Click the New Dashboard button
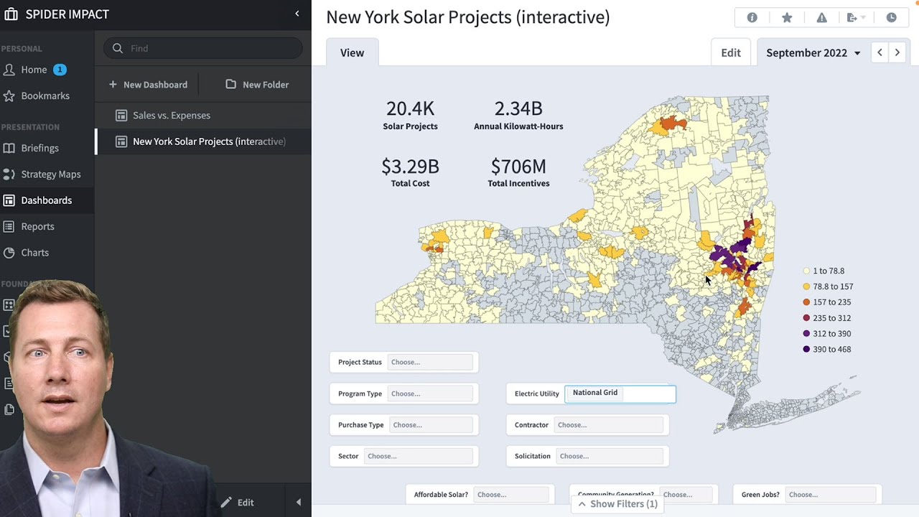148,85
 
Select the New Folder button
257,85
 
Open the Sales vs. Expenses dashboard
172,116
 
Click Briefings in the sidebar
39,148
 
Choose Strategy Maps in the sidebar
50,174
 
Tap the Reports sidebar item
37,226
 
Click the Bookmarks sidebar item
45,96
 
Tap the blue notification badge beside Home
60,70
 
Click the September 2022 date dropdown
813,53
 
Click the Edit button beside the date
730,53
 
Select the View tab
352,53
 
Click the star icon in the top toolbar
787,18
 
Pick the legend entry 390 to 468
831,349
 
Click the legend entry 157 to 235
831,302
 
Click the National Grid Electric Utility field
620,393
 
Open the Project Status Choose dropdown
430,362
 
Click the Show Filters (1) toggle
617,504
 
